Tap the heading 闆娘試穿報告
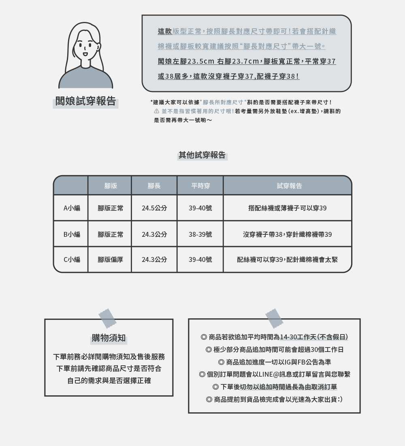point(86,101)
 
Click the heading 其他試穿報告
point(202,155)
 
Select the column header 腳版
point(110,186)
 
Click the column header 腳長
point(154,186)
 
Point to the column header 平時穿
point(200,186)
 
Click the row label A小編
point(71,208)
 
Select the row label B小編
point(71,234)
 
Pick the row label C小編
point(71,259)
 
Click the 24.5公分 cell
point(154,208)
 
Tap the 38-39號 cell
point(200,234)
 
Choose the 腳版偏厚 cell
point(111,259)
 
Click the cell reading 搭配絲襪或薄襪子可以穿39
point(287,208)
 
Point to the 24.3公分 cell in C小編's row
point(154,259)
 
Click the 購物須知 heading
point(109,338)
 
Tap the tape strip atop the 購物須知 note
point(107,318)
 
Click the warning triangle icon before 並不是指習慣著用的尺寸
point(157,111)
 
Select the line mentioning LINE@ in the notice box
point(274,374)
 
